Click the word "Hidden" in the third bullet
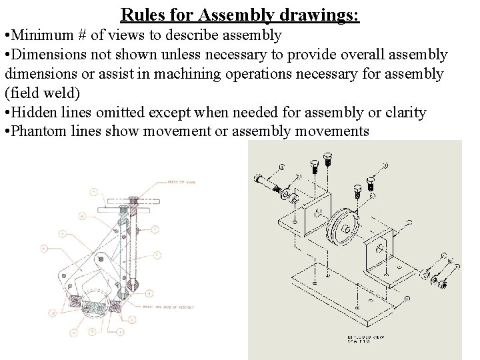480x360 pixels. [34, 112]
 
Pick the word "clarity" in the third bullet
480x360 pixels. [403, 112]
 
